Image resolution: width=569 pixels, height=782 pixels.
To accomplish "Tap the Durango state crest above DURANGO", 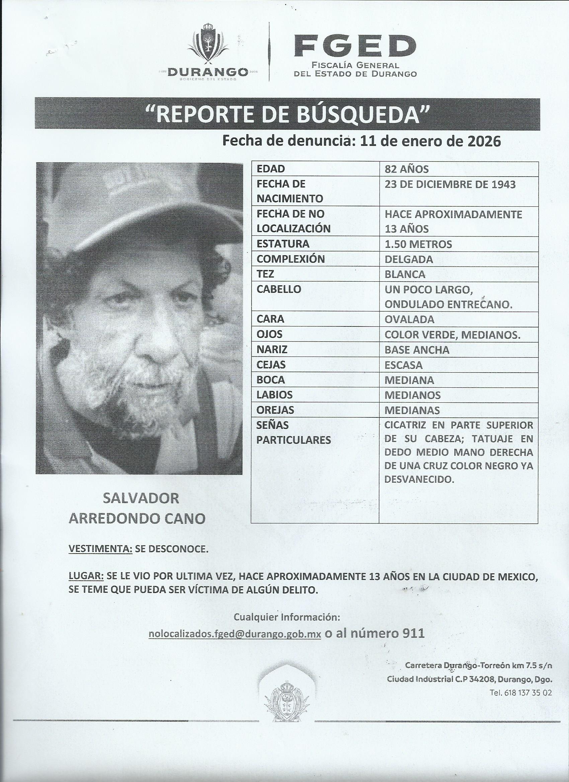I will click(208, 44).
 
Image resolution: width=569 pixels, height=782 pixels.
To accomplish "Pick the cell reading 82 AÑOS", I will click(406, 169).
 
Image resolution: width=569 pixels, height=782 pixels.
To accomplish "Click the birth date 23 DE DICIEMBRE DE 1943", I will click(450, 184).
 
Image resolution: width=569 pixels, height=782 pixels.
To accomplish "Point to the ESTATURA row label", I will click(283, 244).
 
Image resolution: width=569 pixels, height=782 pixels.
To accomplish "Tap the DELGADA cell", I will click(409, 259).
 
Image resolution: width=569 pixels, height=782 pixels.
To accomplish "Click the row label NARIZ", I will click(272, 350).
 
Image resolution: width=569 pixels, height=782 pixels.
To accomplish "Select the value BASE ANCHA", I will click(417, 350).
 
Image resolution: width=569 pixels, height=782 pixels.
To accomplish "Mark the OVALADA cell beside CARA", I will click(410, 319).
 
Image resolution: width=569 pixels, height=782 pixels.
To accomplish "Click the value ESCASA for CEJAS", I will click(403, 365).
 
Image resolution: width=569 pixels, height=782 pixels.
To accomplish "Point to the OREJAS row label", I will click(275, 410).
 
